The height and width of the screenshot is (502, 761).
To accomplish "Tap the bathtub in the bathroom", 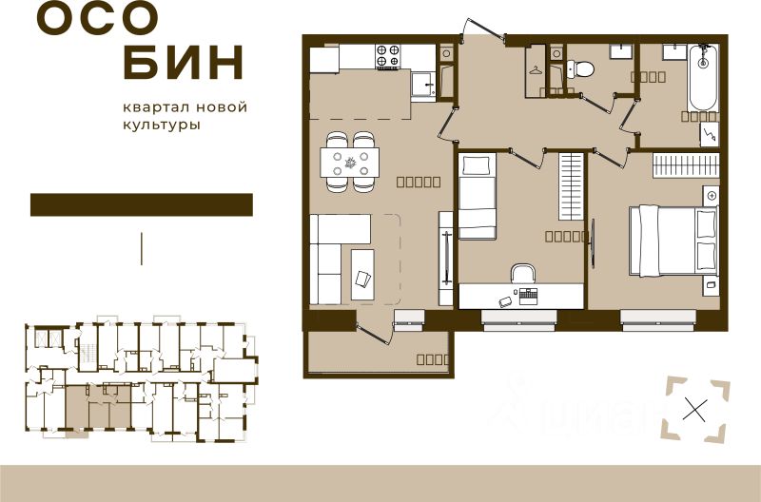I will tap(703, 78).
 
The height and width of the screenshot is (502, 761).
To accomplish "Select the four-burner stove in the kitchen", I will tap(388, 56).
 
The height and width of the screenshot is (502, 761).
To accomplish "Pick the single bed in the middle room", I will tap(478, 197).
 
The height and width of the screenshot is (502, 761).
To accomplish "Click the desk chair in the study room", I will tap(523, 274).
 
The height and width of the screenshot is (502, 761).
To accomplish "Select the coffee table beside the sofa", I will tap(362, 273).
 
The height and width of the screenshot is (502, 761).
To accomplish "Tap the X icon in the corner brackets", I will tap(696, 411).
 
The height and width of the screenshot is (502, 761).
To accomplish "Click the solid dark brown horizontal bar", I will tap(142, 204).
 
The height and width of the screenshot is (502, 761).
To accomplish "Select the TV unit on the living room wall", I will tap(445, 258).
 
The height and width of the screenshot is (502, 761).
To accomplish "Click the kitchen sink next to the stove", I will tap(421, 85).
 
